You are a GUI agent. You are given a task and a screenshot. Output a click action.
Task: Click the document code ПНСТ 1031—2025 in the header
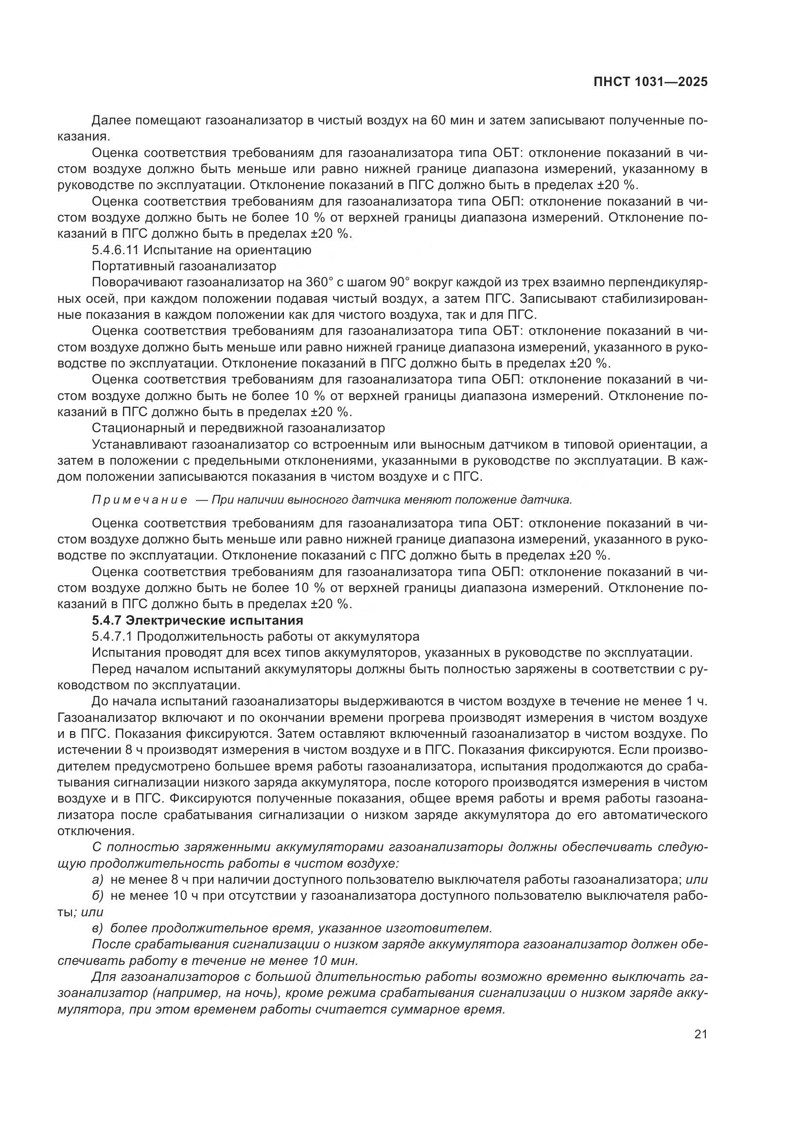click(650, 82)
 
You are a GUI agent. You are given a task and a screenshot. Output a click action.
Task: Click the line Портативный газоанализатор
click(184, 266)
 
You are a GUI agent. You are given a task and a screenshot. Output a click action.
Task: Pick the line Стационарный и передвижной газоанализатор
click(239, 427)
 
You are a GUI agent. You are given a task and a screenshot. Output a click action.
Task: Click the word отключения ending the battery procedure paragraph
click(96, 831)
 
